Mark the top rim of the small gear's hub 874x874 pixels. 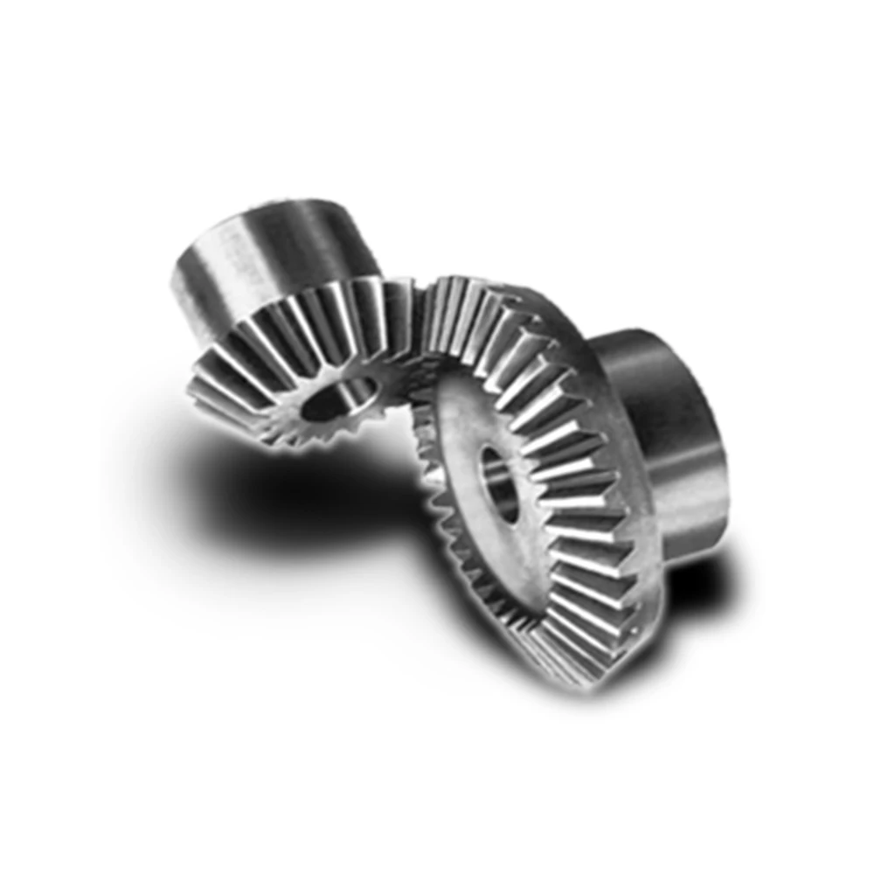pos(271,210)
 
